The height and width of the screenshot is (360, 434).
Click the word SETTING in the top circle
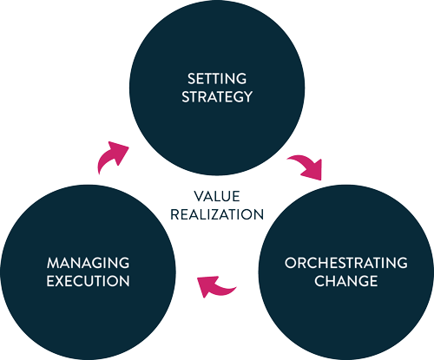[217, 79]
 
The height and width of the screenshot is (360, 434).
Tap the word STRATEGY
[217, 96]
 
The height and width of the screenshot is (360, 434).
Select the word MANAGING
[88, 263]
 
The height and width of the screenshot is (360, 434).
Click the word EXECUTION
[88, 281]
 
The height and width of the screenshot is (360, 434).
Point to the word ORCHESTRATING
[346, 263]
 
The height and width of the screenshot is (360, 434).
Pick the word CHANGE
[346, 281]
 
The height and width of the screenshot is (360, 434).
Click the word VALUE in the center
[217, 196]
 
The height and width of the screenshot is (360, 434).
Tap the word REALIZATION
[217, 214]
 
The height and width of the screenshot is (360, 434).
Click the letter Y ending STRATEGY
[247, 96]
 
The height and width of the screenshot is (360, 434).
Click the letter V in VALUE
[199, 196]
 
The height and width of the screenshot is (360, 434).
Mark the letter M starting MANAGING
[53, 263]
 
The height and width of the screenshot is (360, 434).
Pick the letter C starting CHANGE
[319, 281]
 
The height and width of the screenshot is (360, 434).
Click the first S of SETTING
[191, 79]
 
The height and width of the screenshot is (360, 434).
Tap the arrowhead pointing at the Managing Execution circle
[207, 285]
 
